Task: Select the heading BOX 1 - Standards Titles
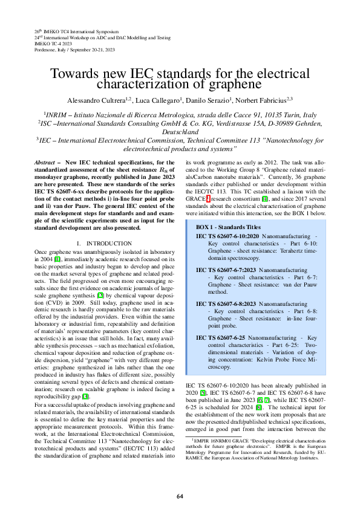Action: (x=227, y=226)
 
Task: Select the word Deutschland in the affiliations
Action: (x=180, y=131)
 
